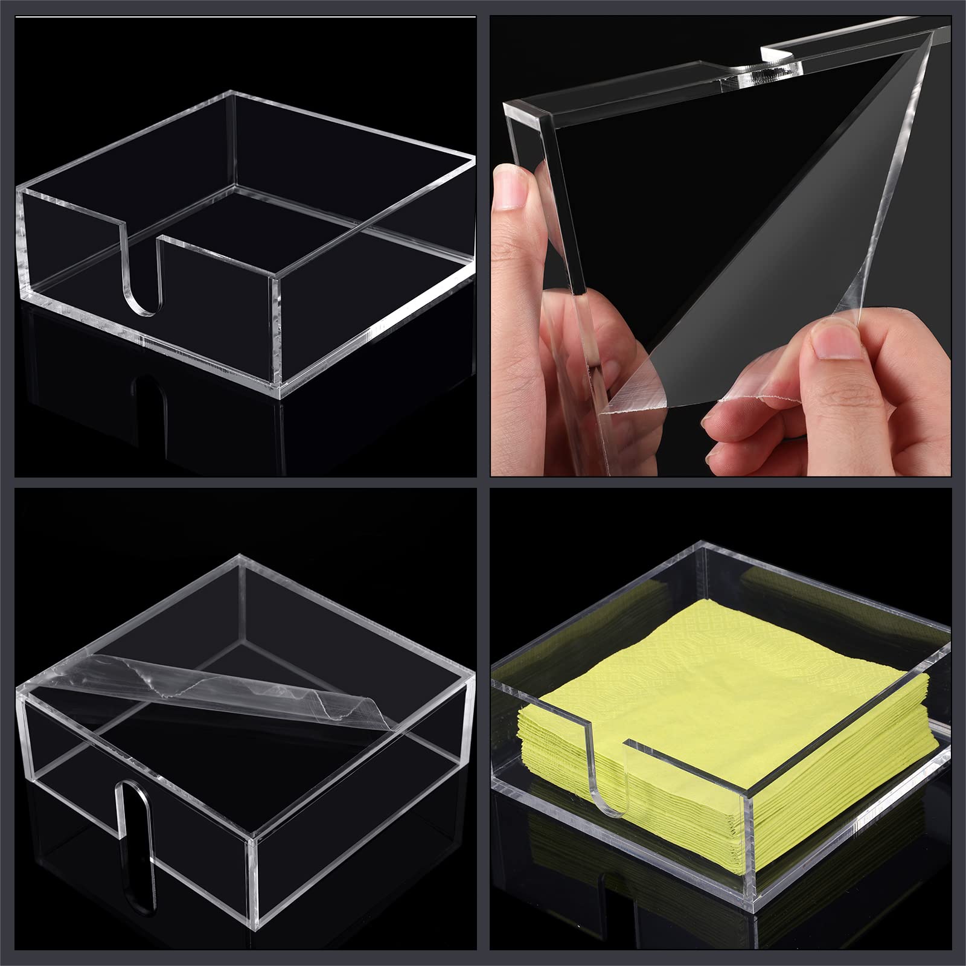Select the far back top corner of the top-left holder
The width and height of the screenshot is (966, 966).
tap(232, 92)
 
